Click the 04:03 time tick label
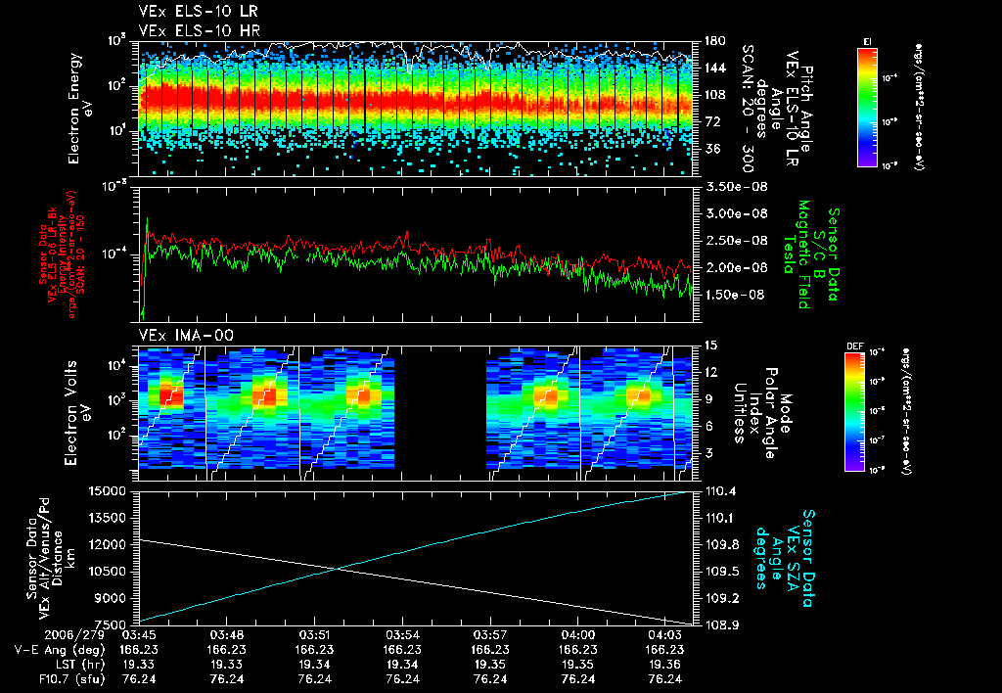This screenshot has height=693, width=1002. click(665, 634)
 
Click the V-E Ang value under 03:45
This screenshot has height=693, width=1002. click(141, 649)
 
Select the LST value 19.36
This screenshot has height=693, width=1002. click(665, 664)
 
